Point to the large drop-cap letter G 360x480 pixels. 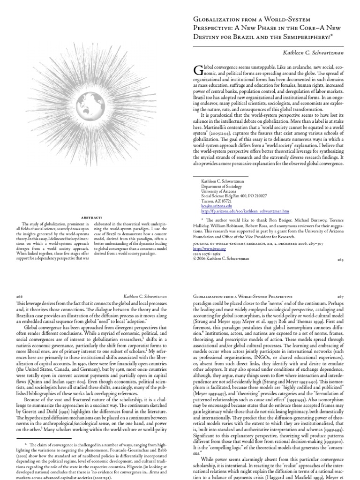197,70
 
